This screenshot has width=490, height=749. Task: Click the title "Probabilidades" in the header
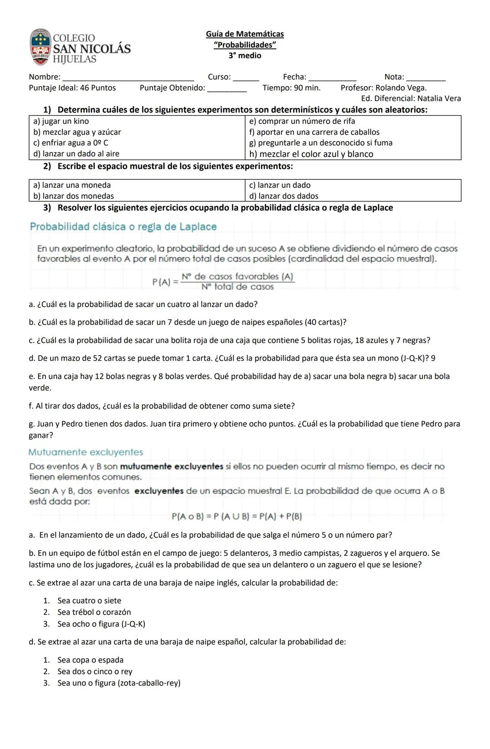pyautogui.click(x=245, y=45)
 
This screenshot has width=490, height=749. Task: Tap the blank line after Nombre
pyautogui.click(x=128, y=78)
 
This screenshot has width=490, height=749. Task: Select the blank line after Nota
pyautogui.click(x=426, y=78)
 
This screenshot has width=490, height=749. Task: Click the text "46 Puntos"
pyautogui.click(x=98, y=88)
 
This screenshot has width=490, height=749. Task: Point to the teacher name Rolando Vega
pyautogui.click(x=401, y=88)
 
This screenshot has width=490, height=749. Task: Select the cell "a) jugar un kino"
pyautogui.click(x=61, y=122)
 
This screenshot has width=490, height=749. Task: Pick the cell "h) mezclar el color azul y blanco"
pyautogui.click(x=311, y=154)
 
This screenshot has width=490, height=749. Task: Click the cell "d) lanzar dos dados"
pyautogui.click(x=284, y=196)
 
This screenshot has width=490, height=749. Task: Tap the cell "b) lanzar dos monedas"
pyautogui.click(x=73, y=196)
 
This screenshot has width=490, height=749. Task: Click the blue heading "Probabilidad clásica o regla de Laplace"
pyautogui.click(x=123, y=227)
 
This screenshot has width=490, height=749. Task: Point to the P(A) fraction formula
pyautogui.click(x=224, y=282)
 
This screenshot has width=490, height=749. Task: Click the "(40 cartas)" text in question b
pyautogui.click(x=325, y=323)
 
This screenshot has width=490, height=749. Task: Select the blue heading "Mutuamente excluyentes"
pyautogui.click(x=85, y=452)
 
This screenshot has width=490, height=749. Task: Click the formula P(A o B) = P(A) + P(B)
pyautogui.click(x=237, y=516)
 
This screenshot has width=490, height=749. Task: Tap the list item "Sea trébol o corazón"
pyautogui.click(x=94, y=612)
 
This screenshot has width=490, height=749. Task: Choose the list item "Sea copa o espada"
pyautogui.click(x=90, y=660)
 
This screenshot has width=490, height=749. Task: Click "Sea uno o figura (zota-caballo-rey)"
pyautogui.click(x=119, y=683)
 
